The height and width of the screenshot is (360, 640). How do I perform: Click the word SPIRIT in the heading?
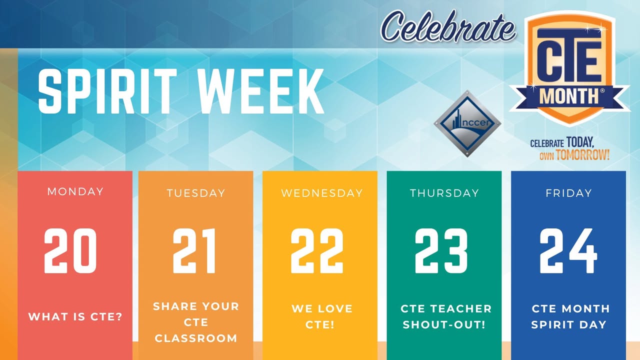(x=107, y=91)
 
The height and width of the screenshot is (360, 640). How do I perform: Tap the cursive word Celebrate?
(x=448, y=26)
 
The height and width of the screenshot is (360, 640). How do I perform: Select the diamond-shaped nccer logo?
(x=467, y=123)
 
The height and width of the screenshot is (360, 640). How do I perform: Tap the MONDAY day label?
(x=75, y=191)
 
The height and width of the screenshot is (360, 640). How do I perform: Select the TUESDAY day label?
(x=196, y=193)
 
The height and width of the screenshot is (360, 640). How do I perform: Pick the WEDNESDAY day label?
(x=322, y=193)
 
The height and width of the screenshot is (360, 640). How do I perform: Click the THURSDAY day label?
(x=444, y=193)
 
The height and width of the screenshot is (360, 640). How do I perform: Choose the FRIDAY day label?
(x=568, y=193)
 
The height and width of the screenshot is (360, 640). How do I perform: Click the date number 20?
(x=70, y=251)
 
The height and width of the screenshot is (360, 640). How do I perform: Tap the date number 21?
(x=194, y=251)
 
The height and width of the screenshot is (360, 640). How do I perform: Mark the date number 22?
(x=317, y=251)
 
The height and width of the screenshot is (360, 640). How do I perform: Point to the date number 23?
(x=441, y=251)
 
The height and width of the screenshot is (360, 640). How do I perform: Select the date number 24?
(x=568, y=251)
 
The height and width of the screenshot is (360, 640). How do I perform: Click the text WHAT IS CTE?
(x=75, y=316)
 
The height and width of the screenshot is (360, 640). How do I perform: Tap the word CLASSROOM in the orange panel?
(x=196, y=338)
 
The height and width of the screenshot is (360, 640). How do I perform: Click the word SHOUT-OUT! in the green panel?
(x=444, y=324)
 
